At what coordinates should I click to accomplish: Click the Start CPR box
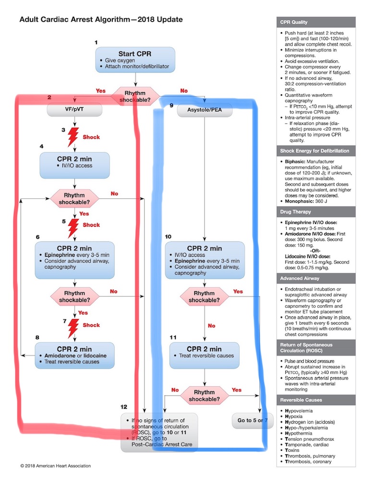pyautogui.click(x=135, y=59)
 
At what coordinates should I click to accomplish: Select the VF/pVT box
pyautogui.click(x=75, y=110)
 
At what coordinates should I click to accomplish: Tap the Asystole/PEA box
pyautogui.click(x=205, y=111)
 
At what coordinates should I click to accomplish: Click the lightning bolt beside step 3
pyautogui.click(x=74, y=137)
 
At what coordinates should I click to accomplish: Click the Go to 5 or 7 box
pyautogui.click(x=253, y=420)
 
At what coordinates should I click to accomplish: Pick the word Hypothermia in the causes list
pyautogui.click(x=300, y=432)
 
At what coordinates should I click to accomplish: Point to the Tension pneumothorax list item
pyautogui.click(x=310, y=439)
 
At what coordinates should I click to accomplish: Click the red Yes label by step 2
pyautogui.click(x=100, y=90)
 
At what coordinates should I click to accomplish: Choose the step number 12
pyautogui.click(x=124, y=407)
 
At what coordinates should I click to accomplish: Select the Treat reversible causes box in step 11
pyautogui.click(x=204, y=355)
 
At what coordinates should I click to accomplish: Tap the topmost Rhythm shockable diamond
pyautogui.click(x=135, y=94)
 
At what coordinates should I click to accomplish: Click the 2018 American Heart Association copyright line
pyautogui.click(x=55, y=466)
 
